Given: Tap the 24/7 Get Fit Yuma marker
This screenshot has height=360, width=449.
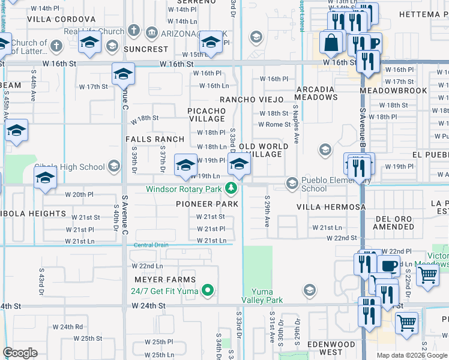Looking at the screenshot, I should coord(208,291).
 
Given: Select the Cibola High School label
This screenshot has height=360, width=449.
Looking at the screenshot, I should coord(69,167).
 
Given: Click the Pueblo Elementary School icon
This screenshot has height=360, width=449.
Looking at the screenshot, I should coord(292,183).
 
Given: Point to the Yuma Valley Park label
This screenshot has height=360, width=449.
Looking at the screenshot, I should coord(262,296).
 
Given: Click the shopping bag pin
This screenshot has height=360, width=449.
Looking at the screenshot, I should coord(331,43).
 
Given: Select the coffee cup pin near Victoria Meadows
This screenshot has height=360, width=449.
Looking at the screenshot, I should coord(389,266).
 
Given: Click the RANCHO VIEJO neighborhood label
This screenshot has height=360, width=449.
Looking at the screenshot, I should coord(255,100).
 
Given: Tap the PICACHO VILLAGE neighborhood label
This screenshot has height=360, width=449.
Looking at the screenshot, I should coord(206,115).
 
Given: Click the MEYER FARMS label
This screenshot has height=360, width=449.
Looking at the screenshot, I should coord(164,280).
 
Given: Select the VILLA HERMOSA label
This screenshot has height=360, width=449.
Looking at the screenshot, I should coord(331,207).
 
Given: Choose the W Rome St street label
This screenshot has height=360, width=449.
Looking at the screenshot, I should coord(274,124).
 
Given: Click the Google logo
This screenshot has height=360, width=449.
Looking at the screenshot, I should coord(20,353).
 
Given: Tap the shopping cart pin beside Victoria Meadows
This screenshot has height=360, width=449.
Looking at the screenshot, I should coord(427,275).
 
